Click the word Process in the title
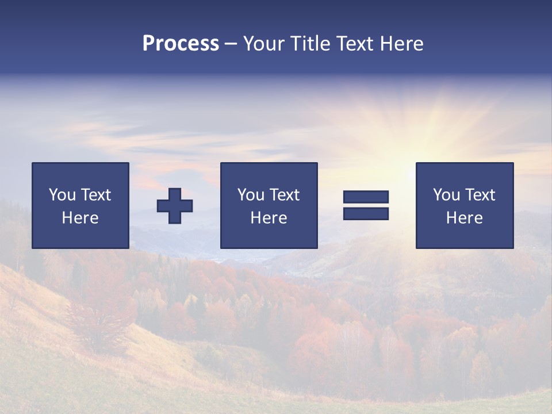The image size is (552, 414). [181, 44]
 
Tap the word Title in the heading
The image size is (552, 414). [309, 44]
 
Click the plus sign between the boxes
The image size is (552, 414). [175, 206]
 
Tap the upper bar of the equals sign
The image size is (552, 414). [366, 197]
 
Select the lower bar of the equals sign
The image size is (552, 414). [366, 213]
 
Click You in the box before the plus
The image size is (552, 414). [62, 195]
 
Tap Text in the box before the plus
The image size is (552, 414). [95, 195]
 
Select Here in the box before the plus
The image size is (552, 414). [80, 218]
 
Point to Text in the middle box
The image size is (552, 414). [284, 195]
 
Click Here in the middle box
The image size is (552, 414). [269, 218]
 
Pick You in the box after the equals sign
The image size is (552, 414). [446, 195]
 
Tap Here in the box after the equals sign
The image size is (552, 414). [464, 218]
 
